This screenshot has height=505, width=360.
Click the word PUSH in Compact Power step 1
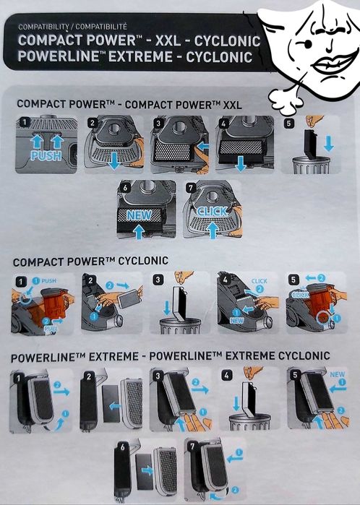point(46,156)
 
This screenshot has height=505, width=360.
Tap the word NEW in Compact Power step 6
point(139,215)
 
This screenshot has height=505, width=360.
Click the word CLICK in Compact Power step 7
point(212,212)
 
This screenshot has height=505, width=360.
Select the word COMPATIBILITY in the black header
point(43,27)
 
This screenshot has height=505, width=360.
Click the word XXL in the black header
point(168,41)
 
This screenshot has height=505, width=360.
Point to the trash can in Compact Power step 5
point(311,165)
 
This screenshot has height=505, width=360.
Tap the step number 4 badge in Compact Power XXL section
point(223,123)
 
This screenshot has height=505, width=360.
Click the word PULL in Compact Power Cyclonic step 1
point(51,329)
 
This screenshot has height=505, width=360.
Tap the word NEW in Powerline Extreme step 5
point(337,374)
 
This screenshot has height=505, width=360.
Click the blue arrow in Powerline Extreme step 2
point(115,406)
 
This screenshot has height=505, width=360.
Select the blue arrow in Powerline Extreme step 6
point(147,470)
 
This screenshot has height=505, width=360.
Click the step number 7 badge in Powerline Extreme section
point(192,446)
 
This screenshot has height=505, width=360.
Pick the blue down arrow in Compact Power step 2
point(113,160)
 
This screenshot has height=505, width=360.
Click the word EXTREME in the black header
point(140,57)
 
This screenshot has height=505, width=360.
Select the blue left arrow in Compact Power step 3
point(202,147)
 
